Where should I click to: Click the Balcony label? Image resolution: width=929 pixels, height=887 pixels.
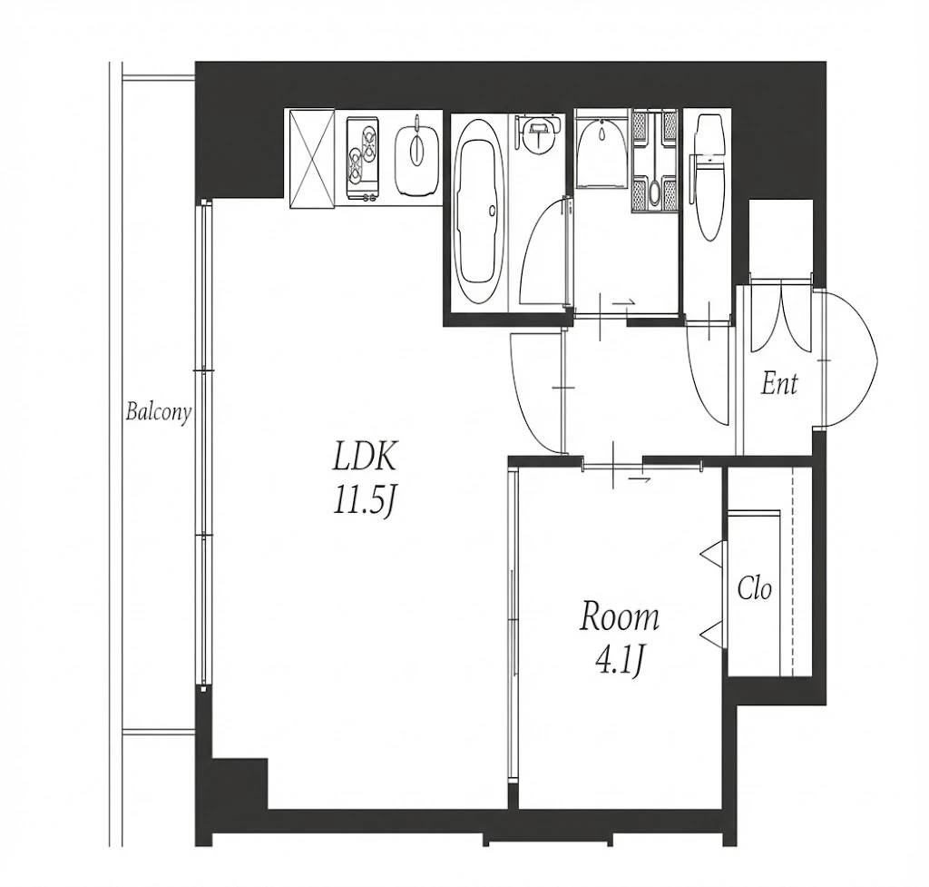[x=158, y=412]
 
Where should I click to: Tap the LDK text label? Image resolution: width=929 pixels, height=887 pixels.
[x=364, y=457]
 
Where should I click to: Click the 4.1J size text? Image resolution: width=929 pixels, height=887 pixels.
[x=619, y=662]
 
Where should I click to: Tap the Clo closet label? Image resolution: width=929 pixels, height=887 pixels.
[x=754, y=589]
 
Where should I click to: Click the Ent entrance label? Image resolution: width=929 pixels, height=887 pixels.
[x=779, y=384]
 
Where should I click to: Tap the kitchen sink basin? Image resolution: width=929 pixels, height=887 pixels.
[x=417, y=153]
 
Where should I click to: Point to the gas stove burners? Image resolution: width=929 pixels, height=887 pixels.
[x=363, y=158]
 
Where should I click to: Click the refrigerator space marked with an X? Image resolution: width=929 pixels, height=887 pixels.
[x=312, y=158]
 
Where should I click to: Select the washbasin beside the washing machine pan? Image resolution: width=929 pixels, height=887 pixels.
[x=601, y=150]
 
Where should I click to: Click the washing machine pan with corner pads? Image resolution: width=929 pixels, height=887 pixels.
[x=655, y=162]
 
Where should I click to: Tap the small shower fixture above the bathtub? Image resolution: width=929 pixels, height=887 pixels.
[x=538, y=132]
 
